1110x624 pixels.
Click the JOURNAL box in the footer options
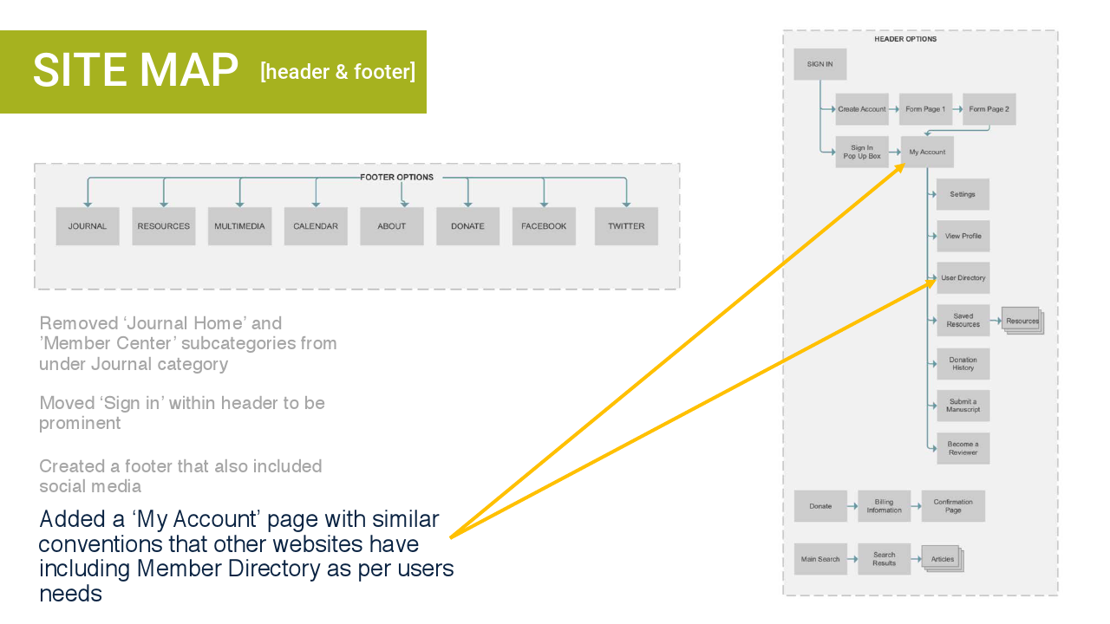pos(88,226)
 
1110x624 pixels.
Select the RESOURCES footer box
pos(163,226)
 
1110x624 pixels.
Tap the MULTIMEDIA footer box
pos(239,226)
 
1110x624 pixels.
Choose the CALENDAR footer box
pos(316,226)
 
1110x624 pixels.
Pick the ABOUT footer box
pos(392,226)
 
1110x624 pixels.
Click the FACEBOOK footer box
pos(544,226)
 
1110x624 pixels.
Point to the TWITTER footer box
pos(626,226)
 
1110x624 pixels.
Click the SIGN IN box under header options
pos(819,64)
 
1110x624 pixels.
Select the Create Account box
pos(862,109)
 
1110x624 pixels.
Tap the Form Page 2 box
pos(989,109)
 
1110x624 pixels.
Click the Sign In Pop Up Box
pos(862,152)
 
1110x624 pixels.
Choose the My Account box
pos(927,152)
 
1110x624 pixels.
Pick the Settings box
pos(963,194)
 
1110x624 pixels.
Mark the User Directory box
pos(963,278)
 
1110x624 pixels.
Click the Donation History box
pos(963,363)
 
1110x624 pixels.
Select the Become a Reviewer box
pos(963,448)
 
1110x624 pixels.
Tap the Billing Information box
pos(884,506)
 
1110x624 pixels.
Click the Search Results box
pos(884,559)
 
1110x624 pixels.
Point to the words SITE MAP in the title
pos(135,71)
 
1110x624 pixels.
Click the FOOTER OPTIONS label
pos(396,178)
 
